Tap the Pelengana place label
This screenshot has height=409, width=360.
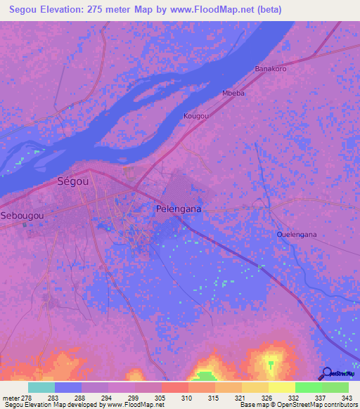178,209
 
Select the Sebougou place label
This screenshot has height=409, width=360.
23,214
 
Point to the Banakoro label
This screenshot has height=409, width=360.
270,69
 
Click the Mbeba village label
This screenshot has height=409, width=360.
233,93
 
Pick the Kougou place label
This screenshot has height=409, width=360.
196,115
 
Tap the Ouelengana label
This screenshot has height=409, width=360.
297,235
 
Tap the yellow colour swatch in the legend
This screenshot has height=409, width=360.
282,387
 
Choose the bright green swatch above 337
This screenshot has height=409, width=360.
309,387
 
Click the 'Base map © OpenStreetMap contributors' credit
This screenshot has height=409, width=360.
297,405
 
